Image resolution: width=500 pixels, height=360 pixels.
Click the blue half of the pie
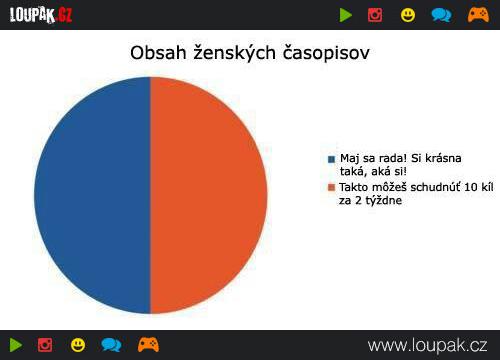92,195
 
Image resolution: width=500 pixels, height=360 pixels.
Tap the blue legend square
331,159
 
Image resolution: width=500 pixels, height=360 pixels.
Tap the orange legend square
331,187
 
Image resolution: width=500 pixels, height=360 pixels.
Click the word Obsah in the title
158,53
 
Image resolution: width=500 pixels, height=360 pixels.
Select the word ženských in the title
235,54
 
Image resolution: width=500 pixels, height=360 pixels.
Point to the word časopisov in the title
326,54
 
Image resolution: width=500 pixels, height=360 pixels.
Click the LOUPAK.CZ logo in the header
41,15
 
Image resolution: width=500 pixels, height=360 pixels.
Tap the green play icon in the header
346,15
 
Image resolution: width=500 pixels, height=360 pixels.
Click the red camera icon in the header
375,15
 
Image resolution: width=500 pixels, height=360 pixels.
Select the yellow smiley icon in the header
408,15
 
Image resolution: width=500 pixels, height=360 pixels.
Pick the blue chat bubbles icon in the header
441,15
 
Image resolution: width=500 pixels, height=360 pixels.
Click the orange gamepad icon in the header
478,15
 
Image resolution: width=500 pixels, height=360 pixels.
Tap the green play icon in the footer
16,345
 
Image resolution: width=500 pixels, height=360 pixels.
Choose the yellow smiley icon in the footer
78,345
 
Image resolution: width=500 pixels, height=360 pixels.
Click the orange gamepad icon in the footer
148,345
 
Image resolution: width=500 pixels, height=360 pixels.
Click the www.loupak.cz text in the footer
427,346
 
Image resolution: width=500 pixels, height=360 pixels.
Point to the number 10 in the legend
470,187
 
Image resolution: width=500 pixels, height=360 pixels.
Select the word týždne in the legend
384,201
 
